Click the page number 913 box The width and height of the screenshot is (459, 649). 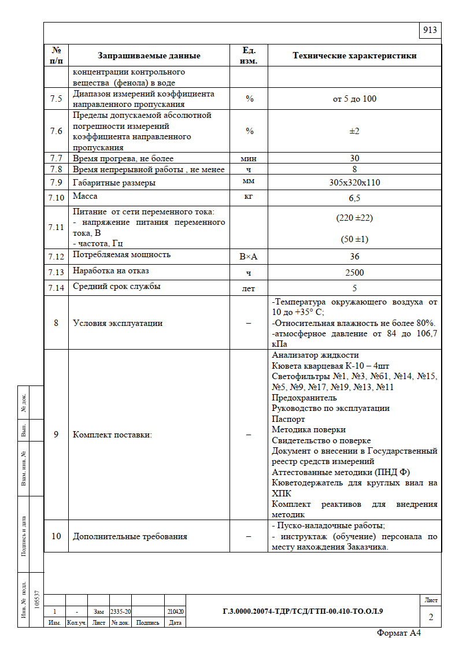coord(430,31)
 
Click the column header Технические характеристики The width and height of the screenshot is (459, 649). coord(354,56)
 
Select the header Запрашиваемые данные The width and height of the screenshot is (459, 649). coord(149,56)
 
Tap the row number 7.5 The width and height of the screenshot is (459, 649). coord(56,99)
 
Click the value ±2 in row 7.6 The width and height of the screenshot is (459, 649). coord(354,131)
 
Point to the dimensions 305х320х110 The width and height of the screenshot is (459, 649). coord(354,183)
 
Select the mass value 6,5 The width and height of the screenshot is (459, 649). coord(354,198)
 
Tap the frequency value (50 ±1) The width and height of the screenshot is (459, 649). coord(354,239)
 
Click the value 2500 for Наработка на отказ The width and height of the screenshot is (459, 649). coord(354,272)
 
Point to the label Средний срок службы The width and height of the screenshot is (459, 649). coord(117,286)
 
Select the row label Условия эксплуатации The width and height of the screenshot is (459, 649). coord(117,323)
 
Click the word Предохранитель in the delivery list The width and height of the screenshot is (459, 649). coord(304,398)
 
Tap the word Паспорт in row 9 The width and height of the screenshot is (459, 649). coord(288,419)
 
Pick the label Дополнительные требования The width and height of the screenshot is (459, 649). coord(130,536)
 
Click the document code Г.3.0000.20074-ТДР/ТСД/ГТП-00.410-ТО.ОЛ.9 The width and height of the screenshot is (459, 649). coord(302,611)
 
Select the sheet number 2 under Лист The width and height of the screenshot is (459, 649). coord(431,617)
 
